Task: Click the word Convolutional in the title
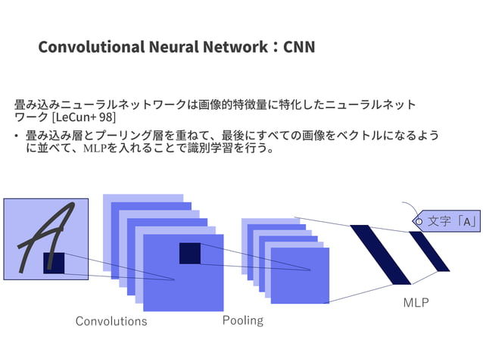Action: (x=88, y=47)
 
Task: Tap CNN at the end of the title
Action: (x=298, y=47)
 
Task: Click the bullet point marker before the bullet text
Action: (x=16, y=136)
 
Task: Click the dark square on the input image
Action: (x=54, y=262)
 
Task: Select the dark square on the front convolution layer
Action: (x=189, y=253)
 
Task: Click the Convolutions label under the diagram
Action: (x=111, y=321)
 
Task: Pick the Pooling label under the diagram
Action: (x=243, y=320)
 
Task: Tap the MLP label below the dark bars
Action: (x=416, y=303)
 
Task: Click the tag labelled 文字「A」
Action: (x=448, y=221)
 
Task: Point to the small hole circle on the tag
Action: (x=417, y=221)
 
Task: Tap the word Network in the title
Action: (x=234, y=47)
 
